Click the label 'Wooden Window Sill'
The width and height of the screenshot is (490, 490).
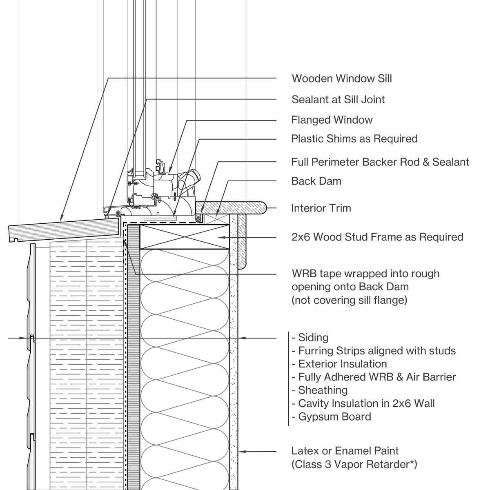coord(341,78)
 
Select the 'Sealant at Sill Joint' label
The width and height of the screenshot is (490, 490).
coord(338,100)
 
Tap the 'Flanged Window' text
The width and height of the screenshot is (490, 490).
coord(332,120)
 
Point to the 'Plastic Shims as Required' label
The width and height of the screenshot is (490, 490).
coord(354,139)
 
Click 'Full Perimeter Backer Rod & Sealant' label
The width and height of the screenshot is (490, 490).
coord(380,162)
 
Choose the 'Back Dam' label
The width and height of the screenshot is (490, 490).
coord(316,181)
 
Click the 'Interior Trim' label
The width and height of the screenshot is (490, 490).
coord(321,208)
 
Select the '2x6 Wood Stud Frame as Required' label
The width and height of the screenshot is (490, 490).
coord(377,237)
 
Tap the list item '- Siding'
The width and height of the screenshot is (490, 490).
coord(310,338)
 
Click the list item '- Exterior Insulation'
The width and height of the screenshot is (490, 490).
coord(339,364)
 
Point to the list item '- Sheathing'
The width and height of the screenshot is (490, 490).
coord(320,390)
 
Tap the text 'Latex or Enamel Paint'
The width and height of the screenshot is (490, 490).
coord(345,451)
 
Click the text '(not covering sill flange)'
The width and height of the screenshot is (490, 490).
coord(349,300)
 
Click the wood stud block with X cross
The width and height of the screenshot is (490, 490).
coord(184,236)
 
